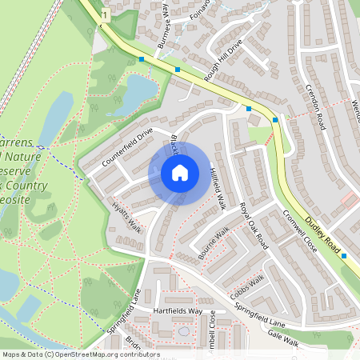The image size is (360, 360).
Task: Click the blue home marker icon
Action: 180,172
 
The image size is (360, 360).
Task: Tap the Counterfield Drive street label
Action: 127,148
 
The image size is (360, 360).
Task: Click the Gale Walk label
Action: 282,338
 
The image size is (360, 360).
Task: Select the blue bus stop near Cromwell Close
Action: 344,257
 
